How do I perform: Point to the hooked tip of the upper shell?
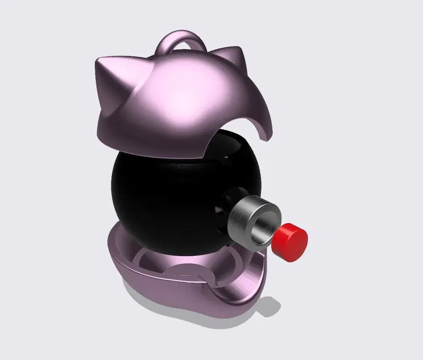coord(265,137)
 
